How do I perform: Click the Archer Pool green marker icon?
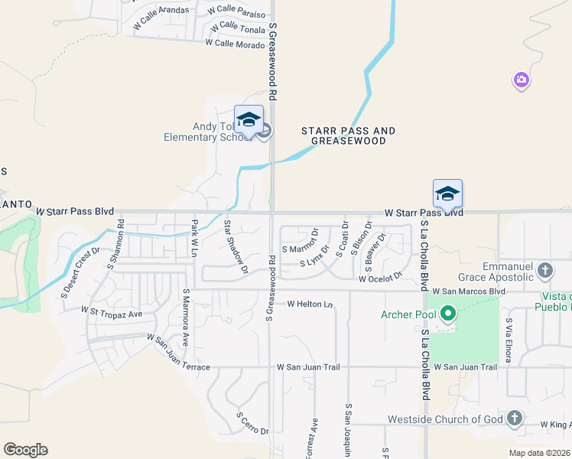448,314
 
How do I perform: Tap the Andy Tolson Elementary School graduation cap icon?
249,120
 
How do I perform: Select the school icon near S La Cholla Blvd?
447,194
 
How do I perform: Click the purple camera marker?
522,80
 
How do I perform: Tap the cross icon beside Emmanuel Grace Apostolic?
545,270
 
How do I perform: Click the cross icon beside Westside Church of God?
515,418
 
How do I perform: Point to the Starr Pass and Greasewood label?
348,136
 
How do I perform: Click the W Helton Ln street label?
310,304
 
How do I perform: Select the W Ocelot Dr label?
380,278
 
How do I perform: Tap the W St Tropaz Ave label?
112,312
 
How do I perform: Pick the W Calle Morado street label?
234,44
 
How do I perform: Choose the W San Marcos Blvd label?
469,291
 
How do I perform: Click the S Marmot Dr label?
299,248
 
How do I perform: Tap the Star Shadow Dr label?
235,246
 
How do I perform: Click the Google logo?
25,450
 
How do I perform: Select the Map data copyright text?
539,453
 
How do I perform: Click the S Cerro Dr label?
252,424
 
